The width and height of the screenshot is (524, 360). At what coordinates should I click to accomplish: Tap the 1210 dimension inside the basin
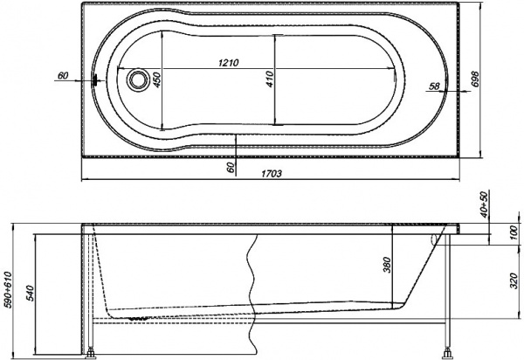click(x=230, y=64)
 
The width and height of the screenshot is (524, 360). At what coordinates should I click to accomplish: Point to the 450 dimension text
click(x=158, y=80)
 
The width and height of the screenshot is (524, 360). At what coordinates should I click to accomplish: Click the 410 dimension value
click(x=271, y=80)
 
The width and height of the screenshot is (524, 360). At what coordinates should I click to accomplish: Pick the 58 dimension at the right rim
click(x=435, y=85)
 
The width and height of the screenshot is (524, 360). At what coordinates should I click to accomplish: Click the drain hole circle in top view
click(x=136, y=80)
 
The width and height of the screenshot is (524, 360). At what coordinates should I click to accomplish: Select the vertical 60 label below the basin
click(x=231, y=166)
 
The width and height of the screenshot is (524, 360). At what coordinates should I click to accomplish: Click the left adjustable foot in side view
click(x=91, y=353)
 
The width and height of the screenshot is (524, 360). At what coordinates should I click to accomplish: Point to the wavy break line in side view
click(x=254, y=280)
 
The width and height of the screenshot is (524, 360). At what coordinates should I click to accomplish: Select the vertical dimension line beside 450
click(x=164, y=80)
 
